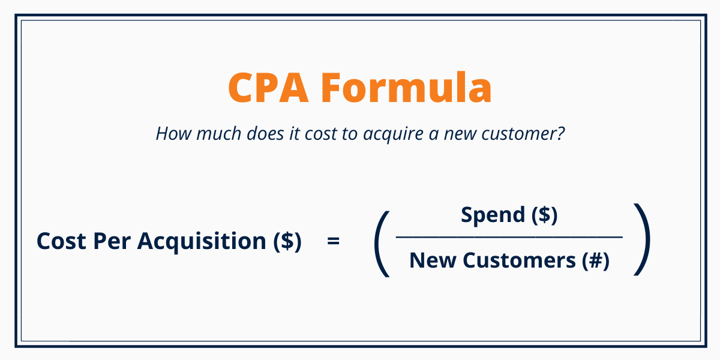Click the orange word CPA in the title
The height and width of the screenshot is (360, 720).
coord(267,88)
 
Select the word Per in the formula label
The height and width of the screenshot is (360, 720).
coord(113,241)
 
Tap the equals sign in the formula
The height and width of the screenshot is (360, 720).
coord(334,241)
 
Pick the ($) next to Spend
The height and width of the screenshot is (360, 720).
coord(544,215)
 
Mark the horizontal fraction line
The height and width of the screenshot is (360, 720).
coord(509,238)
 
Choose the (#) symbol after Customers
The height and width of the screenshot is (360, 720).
coord(595,261)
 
